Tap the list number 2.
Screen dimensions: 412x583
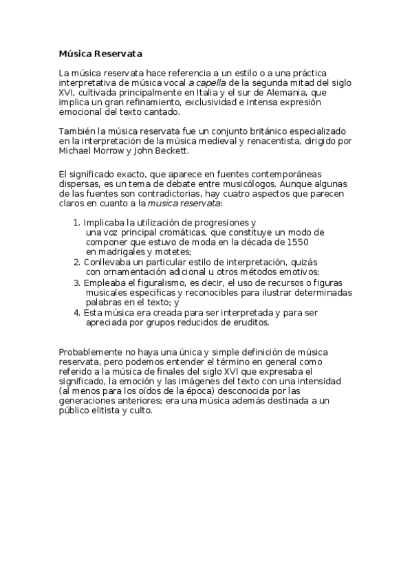pyautogui.click(x=76, y=263)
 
